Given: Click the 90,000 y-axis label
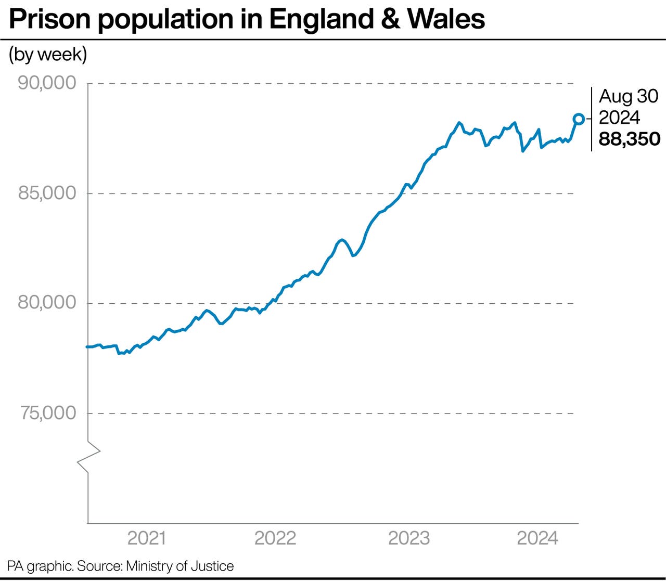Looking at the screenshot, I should pyautogui.click(x=47, y=83).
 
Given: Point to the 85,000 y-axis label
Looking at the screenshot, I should pyautogui.click(x=47, y=193).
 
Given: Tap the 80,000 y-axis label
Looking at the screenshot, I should pyautogui.click(x=47, y=303).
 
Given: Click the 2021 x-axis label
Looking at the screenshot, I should pyautogui.click(x=147, y=538).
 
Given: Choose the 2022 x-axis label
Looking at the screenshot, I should pyautogui.click(x=275, y=538).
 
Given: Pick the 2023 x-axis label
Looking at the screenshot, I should pyautogui.click(x=409, y=538).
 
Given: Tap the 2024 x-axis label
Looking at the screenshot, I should pyautogui.click(x=537, y=538).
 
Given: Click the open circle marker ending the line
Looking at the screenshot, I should pyautogui.click(x=578, y=119).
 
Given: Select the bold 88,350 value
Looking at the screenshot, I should pyautogui.click(x=629, y=139).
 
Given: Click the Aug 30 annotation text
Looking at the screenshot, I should pyautogui.click(x=629, y=96).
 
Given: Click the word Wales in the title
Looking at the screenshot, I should pyautogui.click(x=446, y=20).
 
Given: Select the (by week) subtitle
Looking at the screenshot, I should pyautogui.click(x=48, y=55).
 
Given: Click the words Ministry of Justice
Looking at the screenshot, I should pyautogui.click(x=180, y=566).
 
